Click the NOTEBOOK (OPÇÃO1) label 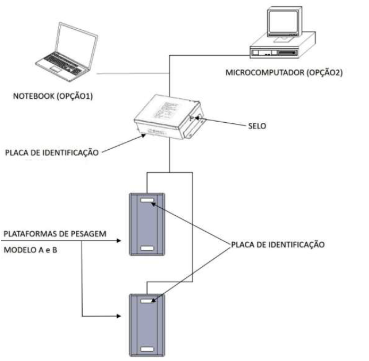[x=53, y=96]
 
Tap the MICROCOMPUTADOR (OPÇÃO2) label [x=284, y=73]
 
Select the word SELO [x=257, y=126]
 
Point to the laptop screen [x=75, y=45]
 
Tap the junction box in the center [x=169, y=117]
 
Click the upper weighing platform [x=147, y=224]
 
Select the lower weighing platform [x=147, y=325]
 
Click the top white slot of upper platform [x=147, y=200]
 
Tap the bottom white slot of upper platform [x=147, y=248]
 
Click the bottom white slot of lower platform [x=147, y=350]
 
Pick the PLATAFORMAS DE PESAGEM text [x=55, y=234]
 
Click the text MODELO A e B [x=30, y=250]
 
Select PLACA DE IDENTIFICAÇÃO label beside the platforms [x=278, y=244]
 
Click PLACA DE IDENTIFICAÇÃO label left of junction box [x=52, y=153]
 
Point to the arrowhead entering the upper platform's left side [x=119, y=240]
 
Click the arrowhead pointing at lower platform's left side [x=119, y=316]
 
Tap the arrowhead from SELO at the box [x=197, y=118]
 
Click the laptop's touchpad [x=56, y=69]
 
